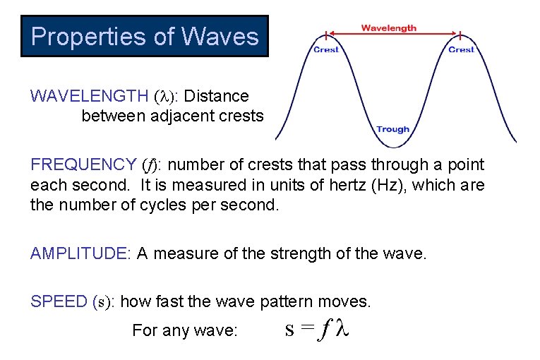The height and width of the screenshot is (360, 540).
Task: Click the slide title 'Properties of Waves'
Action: (x=145, y=36)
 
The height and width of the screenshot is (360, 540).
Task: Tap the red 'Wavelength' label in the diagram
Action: (x=388, y=28)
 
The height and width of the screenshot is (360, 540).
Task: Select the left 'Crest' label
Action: (x=326, y=49)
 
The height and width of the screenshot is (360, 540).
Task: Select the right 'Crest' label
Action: (x=461, y=49)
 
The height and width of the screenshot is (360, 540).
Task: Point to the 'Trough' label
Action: (x=392, y=129)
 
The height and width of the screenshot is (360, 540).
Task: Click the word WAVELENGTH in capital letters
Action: (x=88, y=96)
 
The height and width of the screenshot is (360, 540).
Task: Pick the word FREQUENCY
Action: (x=83, y=165)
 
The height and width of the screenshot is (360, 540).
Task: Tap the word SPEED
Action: (x=59, y=302)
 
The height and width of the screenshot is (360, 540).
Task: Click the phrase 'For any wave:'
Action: (x=185, y=330)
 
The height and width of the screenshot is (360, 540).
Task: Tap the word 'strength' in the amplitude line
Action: (x=301, y=253)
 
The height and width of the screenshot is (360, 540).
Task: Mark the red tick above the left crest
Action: (x=325, y=35)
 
